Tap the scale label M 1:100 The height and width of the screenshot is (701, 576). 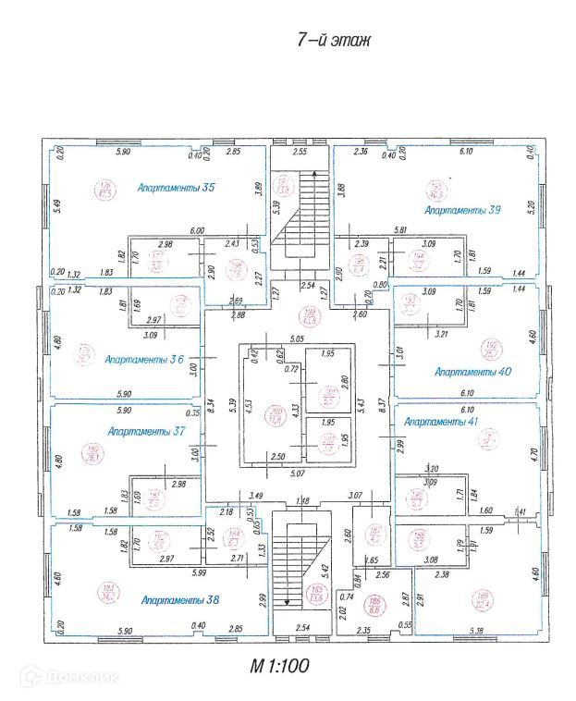click(x=279, y=664)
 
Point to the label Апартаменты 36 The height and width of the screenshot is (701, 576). click(x=141, y=359)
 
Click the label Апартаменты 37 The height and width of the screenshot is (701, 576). click(x=145, y=431)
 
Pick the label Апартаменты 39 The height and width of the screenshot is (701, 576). click(x=462, y=211)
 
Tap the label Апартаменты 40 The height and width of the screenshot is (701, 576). click(x=472, y=371)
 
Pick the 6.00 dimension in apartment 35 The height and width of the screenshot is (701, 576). click(x=197, y=231)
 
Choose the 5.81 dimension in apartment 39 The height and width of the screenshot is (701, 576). click(x=400, y=230)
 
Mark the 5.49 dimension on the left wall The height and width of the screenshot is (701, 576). click(x=55, y=207)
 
